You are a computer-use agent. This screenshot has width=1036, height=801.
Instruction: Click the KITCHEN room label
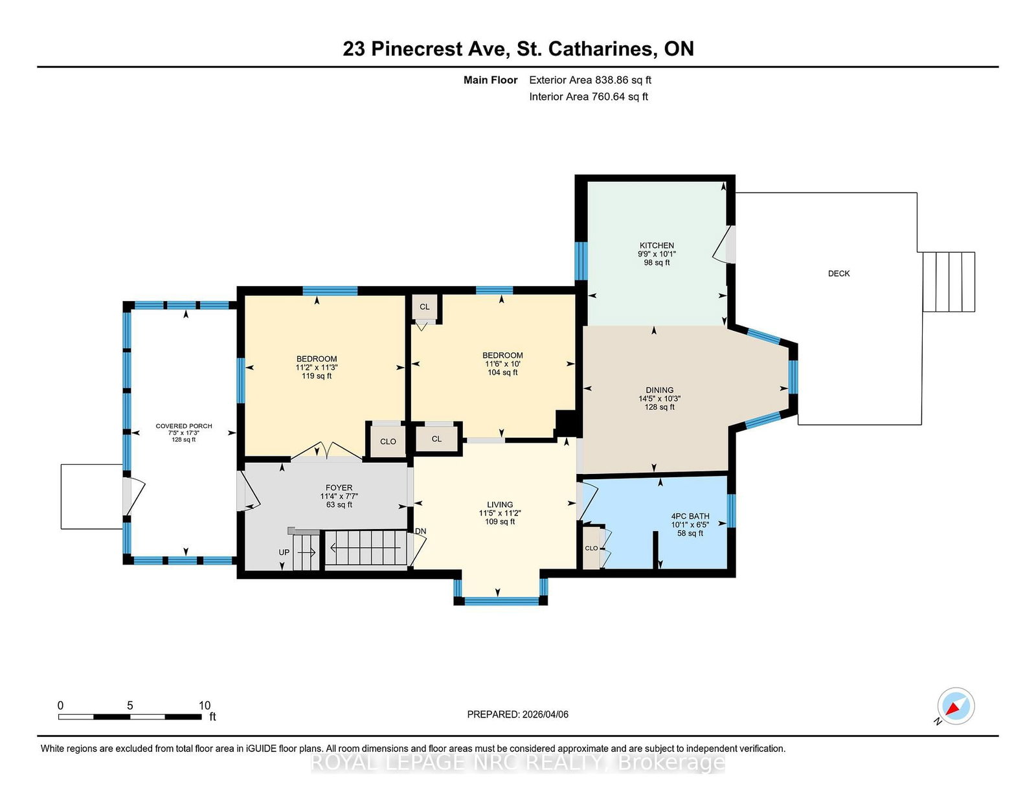click(x=657, y=245)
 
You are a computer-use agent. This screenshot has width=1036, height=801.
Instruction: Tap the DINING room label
click(x=659, y=390)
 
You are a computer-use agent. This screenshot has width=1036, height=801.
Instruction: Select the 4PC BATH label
click(x=690, y=516)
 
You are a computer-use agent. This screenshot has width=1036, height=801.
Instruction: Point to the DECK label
click(x=839, y=273)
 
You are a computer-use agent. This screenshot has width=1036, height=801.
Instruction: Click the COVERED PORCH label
click(x=184, y=426)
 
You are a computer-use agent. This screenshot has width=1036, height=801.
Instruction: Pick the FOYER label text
click(x=339, y=488)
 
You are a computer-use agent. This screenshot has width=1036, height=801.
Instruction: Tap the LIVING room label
click(x=499, y=504)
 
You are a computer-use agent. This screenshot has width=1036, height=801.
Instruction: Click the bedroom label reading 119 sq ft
click(x=317, y=376)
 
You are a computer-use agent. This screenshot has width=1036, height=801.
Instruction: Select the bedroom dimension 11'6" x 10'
click(x=502, y=364)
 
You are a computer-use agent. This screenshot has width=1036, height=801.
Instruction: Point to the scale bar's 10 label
click(x=205, y=705)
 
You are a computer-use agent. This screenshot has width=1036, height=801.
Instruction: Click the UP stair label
click(x=284, y=552)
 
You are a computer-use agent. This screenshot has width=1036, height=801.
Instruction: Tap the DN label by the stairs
click(x=420, y=531)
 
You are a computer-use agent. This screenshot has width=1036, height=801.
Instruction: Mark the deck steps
click(x=949, y=282)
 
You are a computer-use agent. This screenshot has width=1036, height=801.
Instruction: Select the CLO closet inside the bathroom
click(x=591, y=548)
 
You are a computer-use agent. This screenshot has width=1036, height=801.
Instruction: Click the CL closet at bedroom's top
click(x=425, y=307)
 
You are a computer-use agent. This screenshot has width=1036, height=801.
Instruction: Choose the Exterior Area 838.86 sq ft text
click(x=590, y=80)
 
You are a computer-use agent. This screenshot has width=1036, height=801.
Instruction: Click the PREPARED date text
click(x=517, y=714)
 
